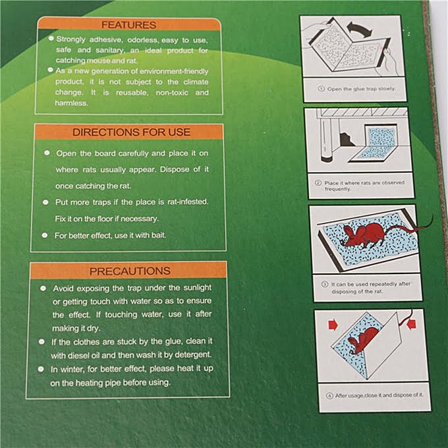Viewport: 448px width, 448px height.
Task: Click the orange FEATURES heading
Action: [129, 25]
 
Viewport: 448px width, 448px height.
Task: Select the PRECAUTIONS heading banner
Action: [129, 271]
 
